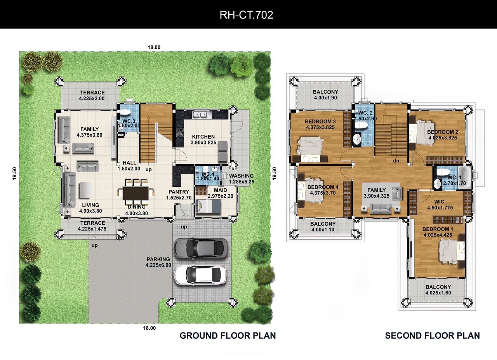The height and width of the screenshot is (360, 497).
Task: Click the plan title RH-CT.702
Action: [246, 15]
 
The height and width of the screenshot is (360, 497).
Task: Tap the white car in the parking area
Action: [200, 275]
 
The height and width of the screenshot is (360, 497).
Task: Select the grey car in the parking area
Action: [201, 249]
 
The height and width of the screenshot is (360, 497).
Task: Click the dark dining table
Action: [136, 193]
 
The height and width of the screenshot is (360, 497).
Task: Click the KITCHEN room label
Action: [203, 137]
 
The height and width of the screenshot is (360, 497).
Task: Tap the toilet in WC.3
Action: [125, 112]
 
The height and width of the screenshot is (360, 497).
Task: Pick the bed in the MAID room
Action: [209, 206]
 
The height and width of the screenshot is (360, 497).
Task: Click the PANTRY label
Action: [179, 192]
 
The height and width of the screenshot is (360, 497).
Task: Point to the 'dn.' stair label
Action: [397, 161]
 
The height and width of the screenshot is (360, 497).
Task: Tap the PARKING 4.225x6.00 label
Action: [158, 262]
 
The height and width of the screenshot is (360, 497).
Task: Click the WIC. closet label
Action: [440, 202]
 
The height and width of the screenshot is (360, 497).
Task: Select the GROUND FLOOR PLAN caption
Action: [228, 336]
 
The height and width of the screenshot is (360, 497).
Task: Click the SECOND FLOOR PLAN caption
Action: [433, 336]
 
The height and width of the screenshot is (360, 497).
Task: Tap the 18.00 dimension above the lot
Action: [154, 47]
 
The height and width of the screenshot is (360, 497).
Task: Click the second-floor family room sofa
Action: [380, 209]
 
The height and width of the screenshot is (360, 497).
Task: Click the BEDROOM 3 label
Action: [320, 122]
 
